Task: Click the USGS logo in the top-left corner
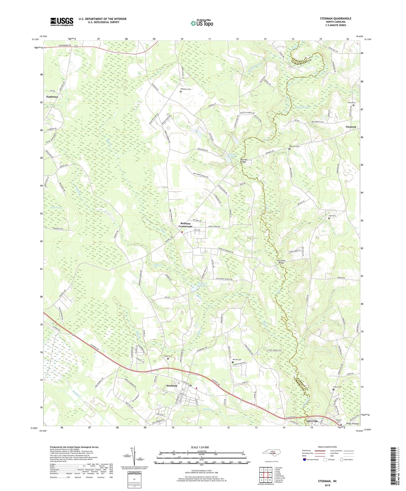(62, 22)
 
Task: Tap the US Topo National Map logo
(202, 23)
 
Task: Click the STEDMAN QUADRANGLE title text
(335, 19)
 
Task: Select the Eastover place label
(52, 97)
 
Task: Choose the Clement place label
(350, 127)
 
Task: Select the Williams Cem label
(185, 89)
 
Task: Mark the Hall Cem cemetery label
(332, 216)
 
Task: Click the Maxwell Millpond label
(202, 285)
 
